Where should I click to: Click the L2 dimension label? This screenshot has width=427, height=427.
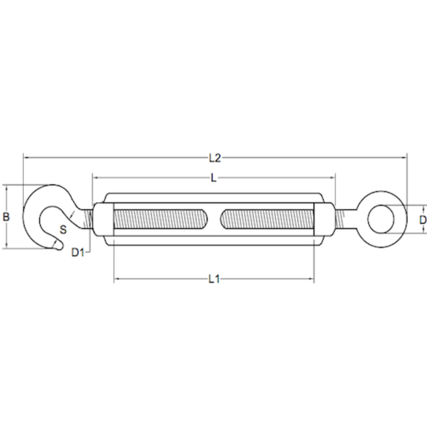[215, 158]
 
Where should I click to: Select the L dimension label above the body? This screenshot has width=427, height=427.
[213, 178]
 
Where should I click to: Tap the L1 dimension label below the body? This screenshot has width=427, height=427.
[214, 279]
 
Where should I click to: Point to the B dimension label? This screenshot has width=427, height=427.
[6, 217]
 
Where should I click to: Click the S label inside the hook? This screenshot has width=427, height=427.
[63, 230]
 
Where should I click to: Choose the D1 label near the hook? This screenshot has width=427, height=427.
[78, 253]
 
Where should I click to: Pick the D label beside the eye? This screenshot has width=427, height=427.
[423, 220]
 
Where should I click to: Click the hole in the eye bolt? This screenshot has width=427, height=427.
[381, 219]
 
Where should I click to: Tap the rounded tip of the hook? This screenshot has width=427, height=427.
[58, 245]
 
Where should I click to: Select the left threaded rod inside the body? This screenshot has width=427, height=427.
[160, 219]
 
